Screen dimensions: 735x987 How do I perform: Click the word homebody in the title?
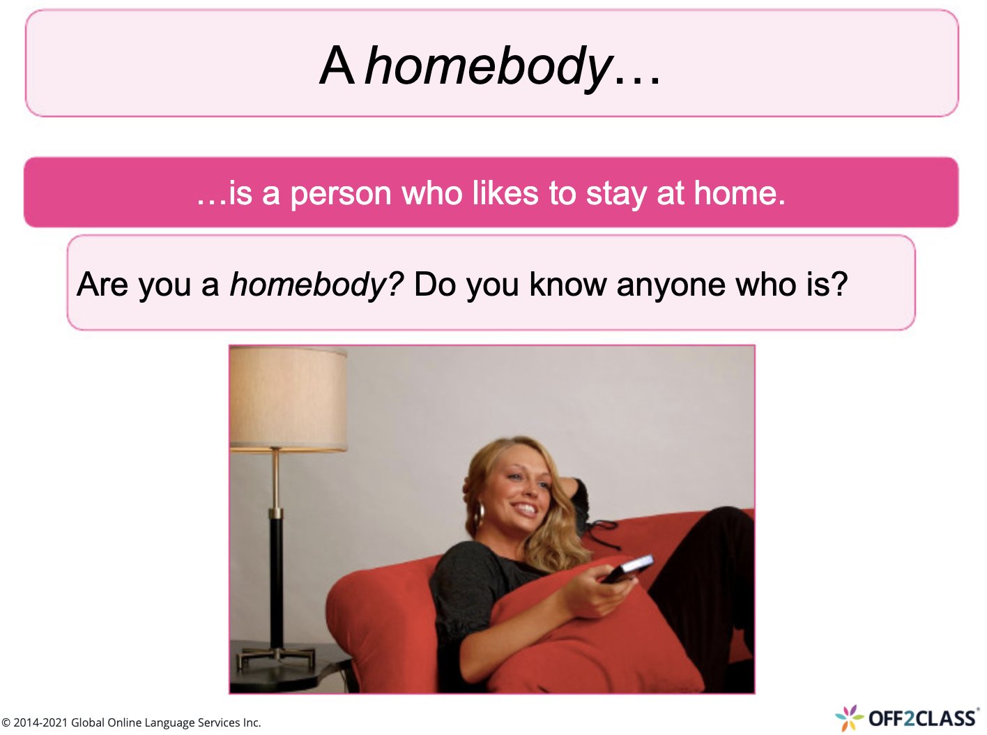tap(488, 67)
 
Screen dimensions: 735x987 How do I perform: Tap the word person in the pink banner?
tap(341, 193)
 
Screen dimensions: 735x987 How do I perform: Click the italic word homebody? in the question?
tap(316, 285)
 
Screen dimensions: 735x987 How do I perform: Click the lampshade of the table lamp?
tap(289, 399)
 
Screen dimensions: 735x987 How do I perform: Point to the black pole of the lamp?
tap(277, 579)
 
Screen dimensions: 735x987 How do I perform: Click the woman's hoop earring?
tap(480, 515)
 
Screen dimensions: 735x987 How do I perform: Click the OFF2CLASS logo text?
tap(921, 718)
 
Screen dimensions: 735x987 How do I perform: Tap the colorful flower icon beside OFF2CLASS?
tap(849, 718)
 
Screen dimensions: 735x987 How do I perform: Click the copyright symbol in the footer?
tap(6, 723)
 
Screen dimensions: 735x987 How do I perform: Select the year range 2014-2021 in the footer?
tap(40, 723)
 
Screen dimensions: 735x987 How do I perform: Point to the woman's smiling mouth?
tap(526, 509)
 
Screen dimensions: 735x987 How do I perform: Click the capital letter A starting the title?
tap(337, 67)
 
